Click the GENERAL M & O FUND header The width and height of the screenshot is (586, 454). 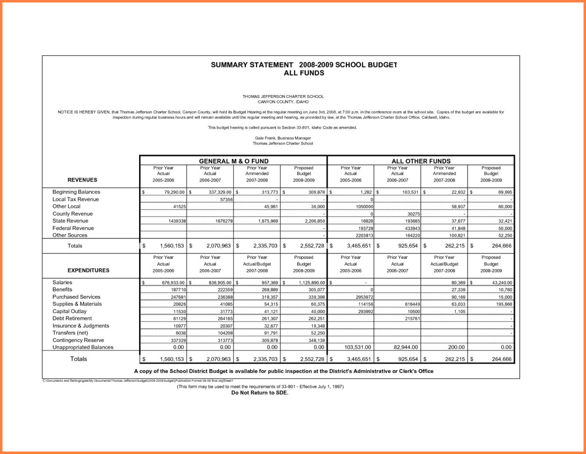point(234,161)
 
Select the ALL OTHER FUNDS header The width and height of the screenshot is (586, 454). point(421,161)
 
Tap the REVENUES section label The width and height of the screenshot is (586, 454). point(82,180)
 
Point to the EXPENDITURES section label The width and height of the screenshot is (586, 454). point(88,270)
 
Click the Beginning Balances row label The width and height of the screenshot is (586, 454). point(76,192)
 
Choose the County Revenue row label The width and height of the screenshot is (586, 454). point(73,214)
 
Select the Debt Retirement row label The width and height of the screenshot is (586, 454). point(72,318)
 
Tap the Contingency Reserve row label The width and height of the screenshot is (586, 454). point(78,340)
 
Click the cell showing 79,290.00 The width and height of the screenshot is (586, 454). point(174,192)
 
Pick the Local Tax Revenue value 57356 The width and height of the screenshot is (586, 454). point(226,199)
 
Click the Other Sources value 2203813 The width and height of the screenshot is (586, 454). point(364,235)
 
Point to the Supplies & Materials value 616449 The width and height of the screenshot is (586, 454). point(410,304)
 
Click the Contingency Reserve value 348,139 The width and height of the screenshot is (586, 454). point(315,340)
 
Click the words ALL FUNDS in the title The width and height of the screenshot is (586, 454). point(304,73)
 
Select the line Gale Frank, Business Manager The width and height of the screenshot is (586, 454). point(283,138)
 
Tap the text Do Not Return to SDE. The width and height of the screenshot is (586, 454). point(260,393)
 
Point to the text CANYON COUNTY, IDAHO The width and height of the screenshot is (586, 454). point(283,102)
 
